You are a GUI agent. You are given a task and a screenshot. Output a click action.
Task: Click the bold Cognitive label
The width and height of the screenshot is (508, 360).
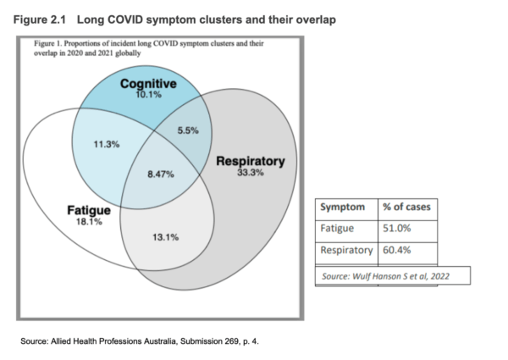148,84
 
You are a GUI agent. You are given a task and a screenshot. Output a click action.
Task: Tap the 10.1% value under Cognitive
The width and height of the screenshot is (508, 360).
148,95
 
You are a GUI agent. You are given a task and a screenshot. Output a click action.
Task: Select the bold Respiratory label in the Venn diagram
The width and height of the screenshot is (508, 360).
251,161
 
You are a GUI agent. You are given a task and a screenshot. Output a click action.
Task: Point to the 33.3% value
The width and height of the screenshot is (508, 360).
251,173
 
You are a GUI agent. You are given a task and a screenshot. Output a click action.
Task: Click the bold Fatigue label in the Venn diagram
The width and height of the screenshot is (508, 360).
89,210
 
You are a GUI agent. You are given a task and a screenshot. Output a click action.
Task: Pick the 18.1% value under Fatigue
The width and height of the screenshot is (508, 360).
89,222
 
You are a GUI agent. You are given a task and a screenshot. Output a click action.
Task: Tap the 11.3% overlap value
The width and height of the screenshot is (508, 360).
107,144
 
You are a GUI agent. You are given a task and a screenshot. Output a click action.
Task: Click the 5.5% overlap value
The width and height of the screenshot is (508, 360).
188,130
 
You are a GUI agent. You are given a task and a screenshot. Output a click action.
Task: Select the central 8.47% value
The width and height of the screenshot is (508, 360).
161,174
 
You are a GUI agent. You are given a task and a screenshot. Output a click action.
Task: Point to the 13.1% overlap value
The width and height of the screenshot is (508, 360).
166,237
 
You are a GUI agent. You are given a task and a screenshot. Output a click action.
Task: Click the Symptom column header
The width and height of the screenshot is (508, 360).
342,207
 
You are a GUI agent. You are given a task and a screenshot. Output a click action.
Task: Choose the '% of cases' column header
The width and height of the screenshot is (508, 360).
406,207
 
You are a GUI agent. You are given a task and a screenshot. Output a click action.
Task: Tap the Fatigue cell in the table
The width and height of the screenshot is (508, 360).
337,229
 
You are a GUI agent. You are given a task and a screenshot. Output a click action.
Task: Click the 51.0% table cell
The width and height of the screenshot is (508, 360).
396,229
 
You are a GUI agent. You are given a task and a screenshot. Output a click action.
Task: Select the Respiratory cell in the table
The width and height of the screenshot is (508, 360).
346,250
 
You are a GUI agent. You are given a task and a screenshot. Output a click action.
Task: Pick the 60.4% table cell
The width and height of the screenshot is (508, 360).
396,250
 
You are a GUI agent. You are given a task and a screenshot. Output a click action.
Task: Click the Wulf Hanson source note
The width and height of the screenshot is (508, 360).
385,276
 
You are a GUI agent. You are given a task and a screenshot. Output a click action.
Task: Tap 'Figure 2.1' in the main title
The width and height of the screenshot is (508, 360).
39,19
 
